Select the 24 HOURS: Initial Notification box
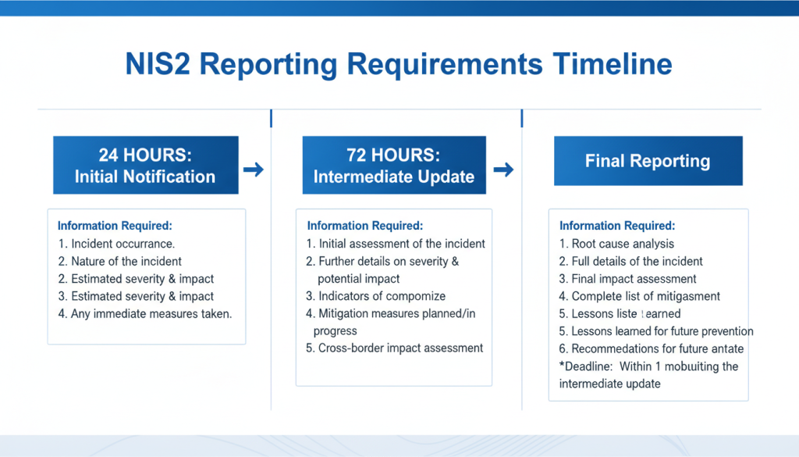145,165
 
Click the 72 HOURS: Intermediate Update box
394,165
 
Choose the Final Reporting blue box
648,162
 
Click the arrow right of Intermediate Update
503,169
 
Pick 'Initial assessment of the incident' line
396,244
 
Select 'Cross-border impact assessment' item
395,348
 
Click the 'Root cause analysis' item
616,244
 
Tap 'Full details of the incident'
630,262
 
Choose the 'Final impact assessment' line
627,279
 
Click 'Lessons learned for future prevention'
656,331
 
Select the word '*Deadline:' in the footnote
586,366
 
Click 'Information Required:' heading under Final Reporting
617,226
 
